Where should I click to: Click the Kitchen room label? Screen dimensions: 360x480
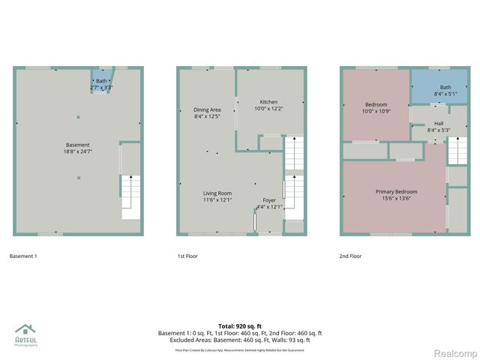coord(269,102)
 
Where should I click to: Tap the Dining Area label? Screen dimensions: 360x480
coord(207,109)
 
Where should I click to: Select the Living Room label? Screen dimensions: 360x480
coord(217,193)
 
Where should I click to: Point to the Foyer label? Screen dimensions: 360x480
coord(268,200)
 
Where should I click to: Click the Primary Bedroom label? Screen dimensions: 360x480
coord(396,192)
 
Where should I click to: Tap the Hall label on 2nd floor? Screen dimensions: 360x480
coord(439,123)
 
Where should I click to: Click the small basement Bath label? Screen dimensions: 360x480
coord(101,81)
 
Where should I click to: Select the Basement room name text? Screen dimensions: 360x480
coord(77,145)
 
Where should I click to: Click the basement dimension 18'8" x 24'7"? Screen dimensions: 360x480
coord(77,151)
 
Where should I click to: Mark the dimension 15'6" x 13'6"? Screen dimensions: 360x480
coord(396,199)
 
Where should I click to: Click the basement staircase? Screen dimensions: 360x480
coord(130,196)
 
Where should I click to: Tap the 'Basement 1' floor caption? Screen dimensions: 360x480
coord(23,256)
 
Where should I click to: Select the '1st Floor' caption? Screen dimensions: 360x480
coord(187,256)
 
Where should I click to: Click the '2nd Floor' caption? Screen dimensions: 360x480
coord(350,256)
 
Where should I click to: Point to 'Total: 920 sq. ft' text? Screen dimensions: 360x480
coord(239,326)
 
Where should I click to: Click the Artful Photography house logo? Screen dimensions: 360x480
coord(25,330)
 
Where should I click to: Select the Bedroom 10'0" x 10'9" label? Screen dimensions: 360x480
coord(376,107)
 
